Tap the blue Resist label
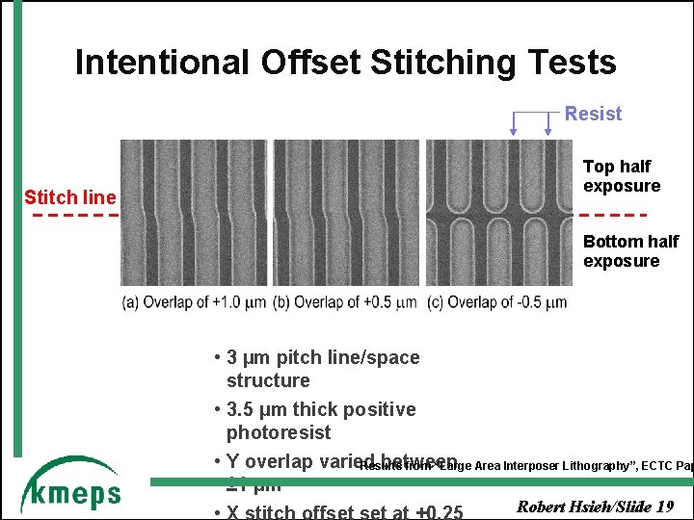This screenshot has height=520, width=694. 593,114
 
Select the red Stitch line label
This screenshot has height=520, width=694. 69,197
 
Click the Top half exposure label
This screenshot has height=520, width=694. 622,176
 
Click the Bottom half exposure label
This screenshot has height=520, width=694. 630,251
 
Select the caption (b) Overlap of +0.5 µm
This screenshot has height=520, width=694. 344,302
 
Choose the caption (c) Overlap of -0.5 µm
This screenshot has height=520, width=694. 496,302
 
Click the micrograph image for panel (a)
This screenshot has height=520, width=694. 194,213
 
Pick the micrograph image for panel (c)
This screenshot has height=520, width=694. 498,213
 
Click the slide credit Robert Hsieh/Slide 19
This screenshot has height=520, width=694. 595,507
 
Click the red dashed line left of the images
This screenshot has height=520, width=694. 69,215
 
